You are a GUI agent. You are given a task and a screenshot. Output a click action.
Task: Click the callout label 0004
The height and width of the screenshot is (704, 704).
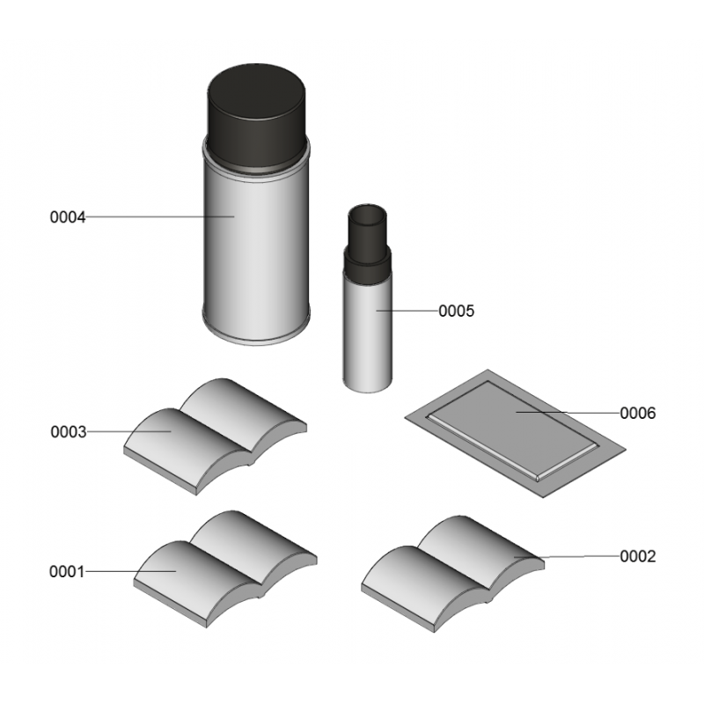point(68,217)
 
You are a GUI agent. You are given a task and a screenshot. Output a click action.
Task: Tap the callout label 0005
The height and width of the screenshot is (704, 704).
point(456,311)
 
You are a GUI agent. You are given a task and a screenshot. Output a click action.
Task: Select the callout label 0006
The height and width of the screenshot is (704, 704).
point(637,413)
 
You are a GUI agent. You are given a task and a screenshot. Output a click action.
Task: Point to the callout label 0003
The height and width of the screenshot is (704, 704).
point(69,432)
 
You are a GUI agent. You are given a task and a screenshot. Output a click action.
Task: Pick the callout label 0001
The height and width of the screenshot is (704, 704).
point(67,572)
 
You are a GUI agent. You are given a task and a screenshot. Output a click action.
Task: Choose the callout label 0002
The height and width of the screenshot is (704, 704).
point(637,557)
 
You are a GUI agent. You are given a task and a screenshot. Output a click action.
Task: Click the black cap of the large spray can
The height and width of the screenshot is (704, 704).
point(256,117)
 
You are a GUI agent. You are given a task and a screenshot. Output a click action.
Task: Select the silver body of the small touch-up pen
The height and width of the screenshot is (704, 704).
point(368,333)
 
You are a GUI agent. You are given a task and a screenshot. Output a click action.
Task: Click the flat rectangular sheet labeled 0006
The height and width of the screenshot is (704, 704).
point(515,433)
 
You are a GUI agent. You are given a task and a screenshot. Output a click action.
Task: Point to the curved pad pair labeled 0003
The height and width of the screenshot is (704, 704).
point(216,436)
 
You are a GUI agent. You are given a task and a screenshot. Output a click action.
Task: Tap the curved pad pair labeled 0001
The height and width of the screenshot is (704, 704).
point(225,568)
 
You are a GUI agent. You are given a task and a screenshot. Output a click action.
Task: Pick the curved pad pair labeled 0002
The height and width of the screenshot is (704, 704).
point(453,574)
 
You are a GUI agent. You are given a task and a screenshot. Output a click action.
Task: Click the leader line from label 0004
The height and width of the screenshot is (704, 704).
point(160,216)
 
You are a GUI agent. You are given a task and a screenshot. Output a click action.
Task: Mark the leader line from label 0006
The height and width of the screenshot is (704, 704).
point(568,412)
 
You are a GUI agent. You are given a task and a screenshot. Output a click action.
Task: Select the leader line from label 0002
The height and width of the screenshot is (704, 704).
point(567,557)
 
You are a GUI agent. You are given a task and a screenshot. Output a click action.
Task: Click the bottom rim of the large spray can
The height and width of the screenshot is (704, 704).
point(256,337)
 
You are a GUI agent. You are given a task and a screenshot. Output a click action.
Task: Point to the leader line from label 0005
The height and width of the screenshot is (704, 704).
point(407,311)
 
